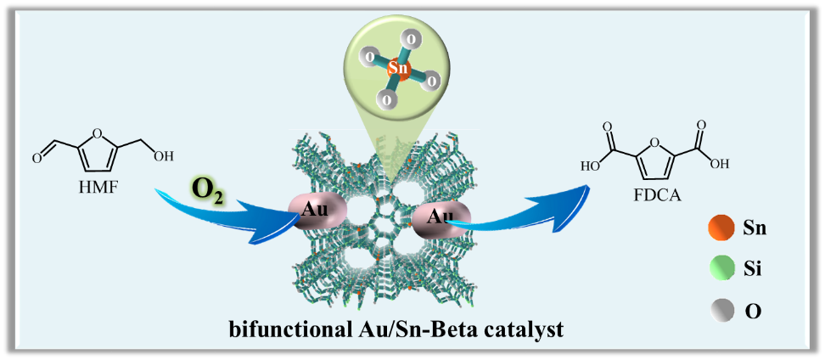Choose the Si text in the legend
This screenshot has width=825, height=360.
tap(754, 270)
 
